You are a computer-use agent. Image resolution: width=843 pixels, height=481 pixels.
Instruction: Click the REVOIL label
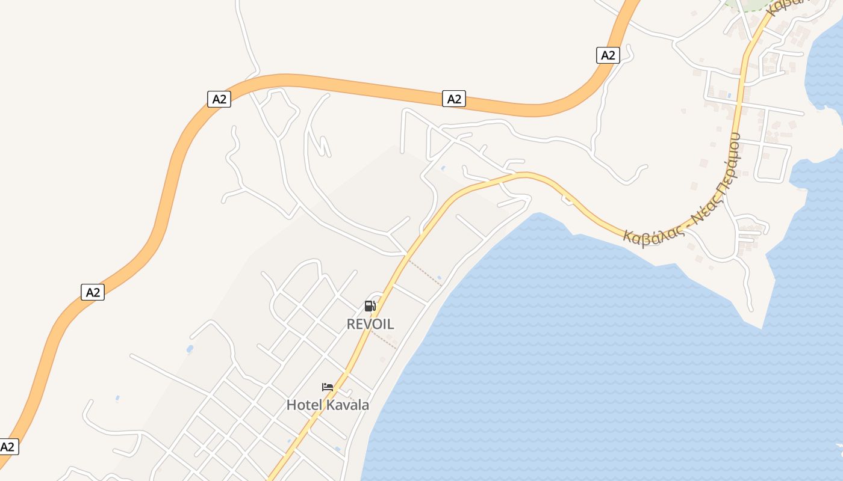click(370, 324)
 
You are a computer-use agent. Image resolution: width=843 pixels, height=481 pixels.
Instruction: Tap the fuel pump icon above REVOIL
click(370, 306)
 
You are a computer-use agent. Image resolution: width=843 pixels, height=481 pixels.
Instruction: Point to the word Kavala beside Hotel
click(347, 405)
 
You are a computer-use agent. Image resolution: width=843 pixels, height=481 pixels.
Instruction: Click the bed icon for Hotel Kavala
click(328, 387)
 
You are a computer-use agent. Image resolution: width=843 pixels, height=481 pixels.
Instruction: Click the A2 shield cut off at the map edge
click(8, 447)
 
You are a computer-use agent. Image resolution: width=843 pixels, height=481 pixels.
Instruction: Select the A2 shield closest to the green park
click(608, 55)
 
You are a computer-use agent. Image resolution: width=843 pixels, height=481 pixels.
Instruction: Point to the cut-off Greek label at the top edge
click(789, 5)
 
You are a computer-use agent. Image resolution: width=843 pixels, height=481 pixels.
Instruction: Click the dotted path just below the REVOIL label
click(383, 339)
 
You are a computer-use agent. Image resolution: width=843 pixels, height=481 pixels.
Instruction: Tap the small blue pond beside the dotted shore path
click(439, 278)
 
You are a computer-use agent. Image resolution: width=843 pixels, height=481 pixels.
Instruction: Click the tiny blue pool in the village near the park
click(730, 95)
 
